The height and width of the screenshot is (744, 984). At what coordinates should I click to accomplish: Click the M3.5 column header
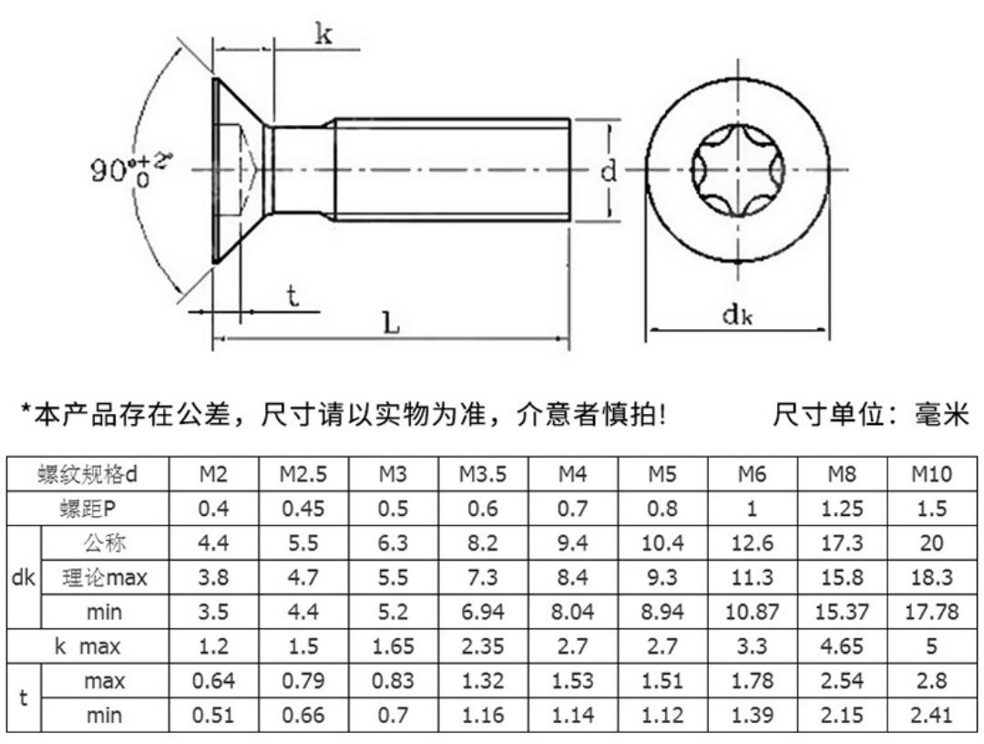coord(483,474)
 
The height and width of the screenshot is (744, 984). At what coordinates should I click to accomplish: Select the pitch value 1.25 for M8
coord(842,509)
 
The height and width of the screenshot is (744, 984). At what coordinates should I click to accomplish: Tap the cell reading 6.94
coord(483,612)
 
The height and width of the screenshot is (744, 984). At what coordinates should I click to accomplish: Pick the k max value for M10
coord(931,646)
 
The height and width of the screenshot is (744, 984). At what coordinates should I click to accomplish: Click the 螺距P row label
coord(87,509)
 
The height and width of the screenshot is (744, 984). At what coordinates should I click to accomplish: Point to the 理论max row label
coord(104,577)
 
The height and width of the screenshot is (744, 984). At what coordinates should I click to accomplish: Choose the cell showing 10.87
coord(752,612)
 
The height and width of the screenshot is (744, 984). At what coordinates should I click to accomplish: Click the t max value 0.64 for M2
coord(213,680)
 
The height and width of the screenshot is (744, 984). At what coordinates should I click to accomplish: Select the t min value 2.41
coord(931,715)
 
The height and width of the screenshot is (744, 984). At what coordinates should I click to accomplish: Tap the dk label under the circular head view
coord(737,314)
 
